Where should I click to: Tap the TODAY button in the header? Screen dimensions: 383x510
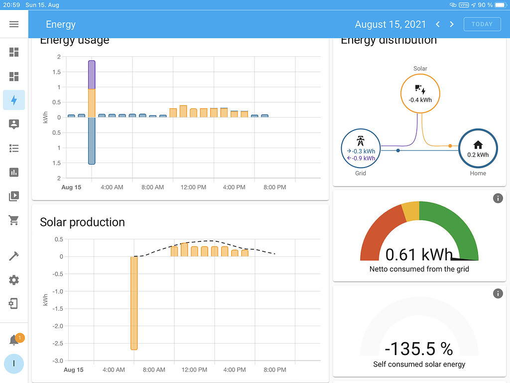pos(482,24)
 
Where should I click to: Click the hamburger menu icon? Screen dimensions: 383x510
pos(14,24)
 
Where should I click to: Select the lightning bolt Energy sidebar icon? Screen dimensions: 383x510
pos(14,100)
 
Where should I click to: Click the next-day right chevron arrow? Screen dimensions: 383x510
pos(452,24)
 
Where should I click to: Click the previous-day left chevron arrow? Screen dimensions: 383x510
pos(438,24)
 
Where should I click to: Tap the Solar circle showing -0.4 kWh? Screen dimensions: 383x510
pos(420,94)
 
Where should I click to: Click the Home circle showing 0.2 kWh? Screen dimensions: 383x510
pos(478,149)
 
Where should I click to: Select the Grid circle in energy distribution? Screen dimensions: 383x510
pos(361,149)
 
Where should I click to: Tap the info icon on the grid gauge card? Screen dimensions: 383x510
pos(498,198)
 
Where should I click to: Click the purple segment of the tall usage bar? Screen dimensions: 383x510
pos(92,75)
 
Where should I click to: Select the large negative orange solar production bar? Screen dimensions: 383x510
pos(134,303)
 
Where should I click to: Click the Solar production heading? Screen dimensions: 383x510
pos(82,222)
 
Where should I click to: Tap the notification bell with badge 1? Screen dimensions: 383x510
pos(14,340)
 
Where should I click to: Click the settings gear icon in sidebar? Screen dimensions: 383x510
pos(14,280)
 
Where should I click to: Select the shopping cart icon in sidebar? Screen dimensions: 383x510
pos(14,220)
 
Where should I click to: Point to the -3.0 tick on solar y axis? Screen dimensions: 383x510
pos(59,361)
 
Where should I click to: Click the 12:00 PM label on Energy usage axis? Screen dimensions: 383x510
pos(193,188)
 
